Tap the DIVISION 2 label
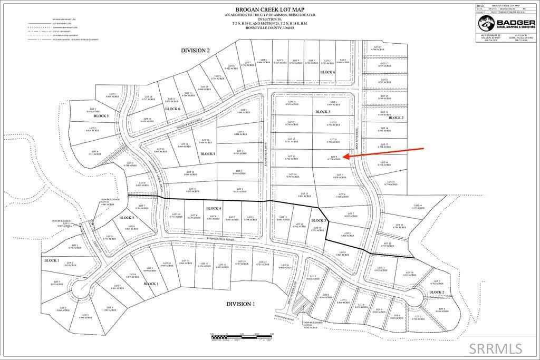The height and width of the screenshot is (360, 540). pyautogui.click(x=196, y=50)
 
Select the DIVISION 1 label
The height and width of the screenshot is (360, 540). pyautogui.click(x=241, y=304)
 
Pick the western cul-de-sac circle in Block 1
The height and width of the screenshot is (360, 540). pyautogui.click(x=82, y=288)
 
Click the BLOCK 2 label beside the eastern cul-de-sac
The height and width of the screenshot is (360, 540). pyautogui.click(x=436, y=292)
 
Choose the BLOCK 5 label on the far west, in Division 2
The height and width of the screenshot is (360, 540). pyautogui.click(x=100, y=116)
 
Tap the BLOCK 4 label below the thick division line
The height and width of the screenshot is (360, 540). pyautogui.click(x=213, y=209)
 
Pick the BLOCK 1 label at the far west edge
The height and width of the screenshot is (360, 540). pyautogui.click(x=52, y=260)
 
